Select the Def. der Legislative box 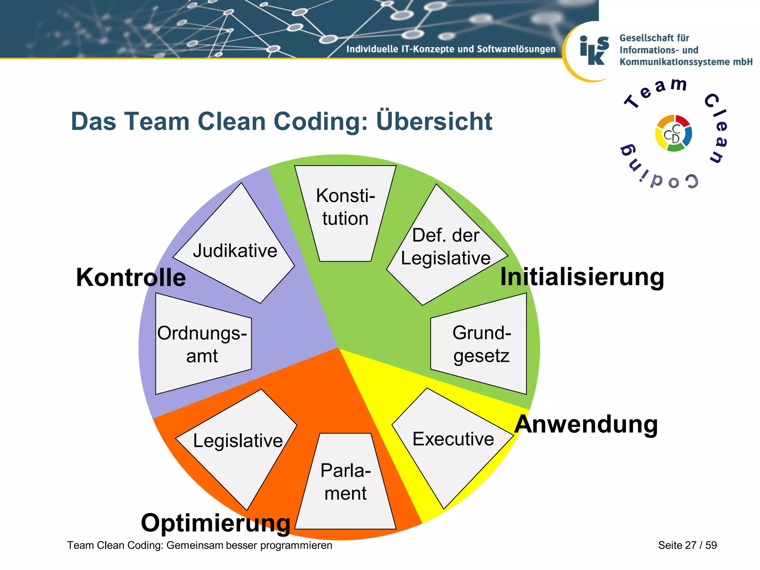coord(445,247)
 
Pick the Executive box coord(453,440)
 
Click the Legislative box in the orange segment coord(237,442)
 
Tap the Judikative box coord(235,251)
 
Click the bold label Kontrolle coord(131,278)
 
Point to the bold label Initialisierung coord(582,277)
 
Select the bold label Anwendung coord(586,424)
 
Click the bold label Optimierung coord(215,523)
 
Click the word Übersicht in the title coord(434,121)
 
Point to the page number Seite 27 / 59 coord(687,545)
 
